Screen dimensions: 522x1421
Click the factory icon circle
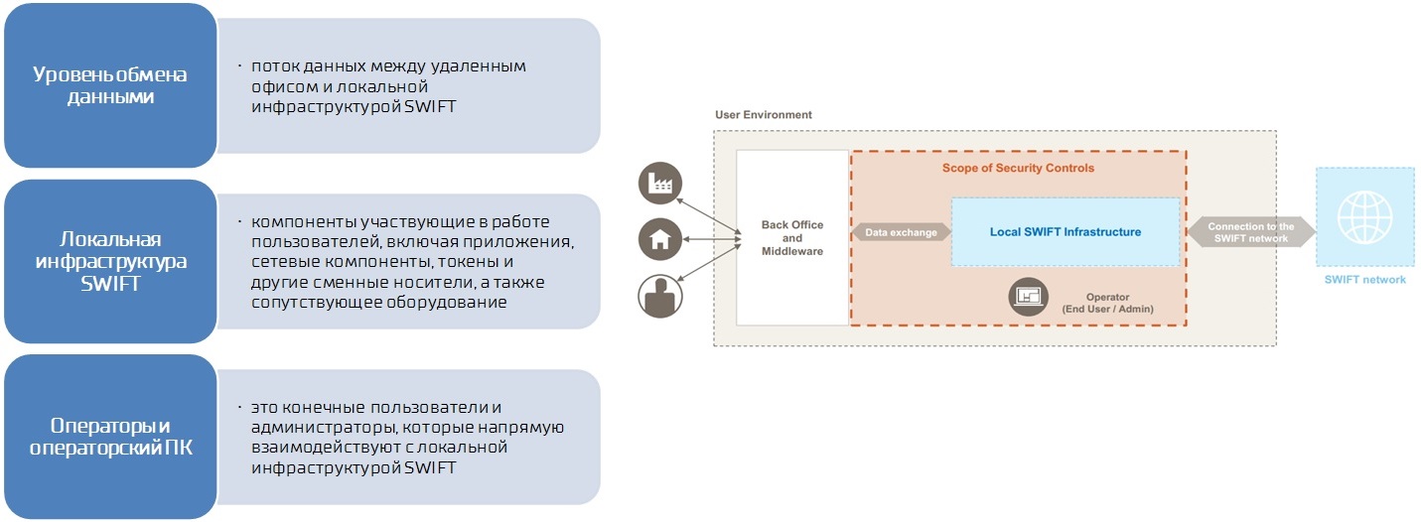658,184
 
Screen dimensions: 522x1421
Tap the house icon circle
658,238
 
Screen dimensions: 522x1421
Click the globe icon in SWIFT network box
1364,217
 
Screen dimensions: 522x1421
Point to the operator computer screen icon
1029,296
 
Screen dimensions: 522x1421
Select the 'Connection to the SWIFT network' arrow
1251,232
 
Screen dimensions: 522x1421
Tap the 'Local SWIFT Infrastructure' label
1065,232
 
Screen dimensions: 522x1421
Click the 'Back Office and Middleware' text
791,238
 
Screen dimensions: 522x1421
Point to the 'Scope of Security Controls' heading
1018,169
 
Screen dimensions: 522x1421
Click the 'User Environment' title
763,115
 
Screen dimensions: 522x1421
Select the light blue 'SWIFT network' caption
1364,280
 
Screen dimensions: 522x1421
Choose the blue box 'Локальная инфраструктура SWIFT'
110,261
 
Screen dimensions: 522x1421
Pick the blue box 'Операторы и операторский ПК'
110,437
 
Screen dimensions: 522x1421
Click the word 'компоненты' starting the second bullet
298,221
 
